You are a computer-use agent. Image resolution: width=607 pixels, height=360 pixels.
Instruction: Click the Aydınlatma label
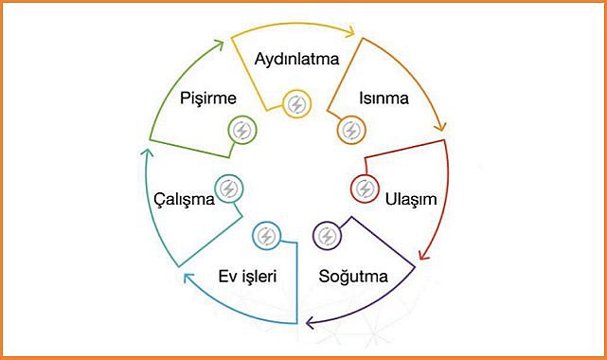pyautogui.click(x=296, y=59)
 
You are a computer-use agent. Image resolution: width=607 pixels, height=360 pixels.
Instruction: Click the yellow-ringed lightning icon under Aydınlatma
pyautogui.click(x=296, y=103)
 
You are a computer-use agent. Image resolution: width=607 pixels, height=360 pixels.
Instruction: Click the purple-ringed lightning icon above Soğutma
pyautogui.click(x=328, y=236)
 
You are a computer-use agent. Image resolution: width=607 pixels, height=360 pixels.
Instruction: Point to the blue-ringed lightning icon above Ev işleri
pyautogui.click(x=266, y=236)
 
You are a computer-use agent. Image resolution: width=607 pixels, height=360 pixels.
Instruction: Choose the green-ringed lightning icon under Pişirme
pyautogui.click(x=241, y=130)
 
